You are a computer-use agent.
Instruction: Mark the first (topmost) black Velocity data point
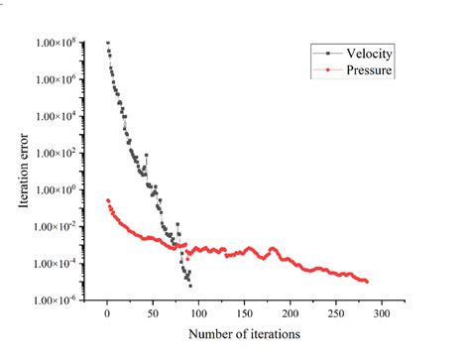tap(108, 43)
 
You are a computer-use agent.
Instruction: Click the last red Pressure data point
tap(367, 282)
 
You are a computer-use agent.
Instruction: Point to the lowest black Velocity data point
tap(189, 286)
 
